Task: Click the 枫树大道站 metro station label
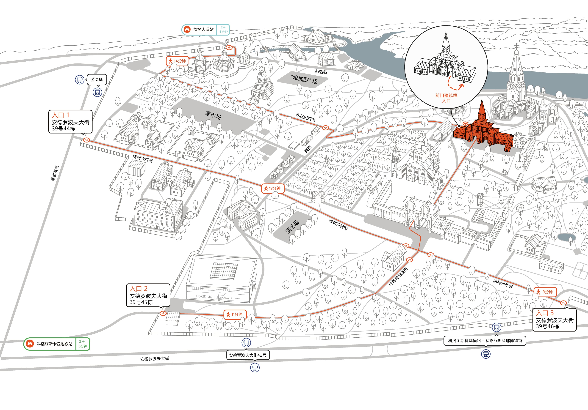[x=203, y=29]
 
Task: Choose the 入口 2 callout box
[x=148, y=295]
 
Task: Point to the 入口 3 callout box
[x=555, y=320]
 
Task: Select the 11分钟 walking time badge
[x=235, y=314]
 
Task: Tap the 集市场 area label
[x=213, y=115]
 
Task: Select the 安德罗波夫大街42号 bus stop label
[x=247, y=355]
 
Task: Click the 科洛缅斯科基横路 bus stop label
[x=465, y=341]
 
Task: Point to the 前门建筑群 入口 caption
[x=446, y=98]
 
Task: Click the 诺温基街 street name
[x=55, y=173]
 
